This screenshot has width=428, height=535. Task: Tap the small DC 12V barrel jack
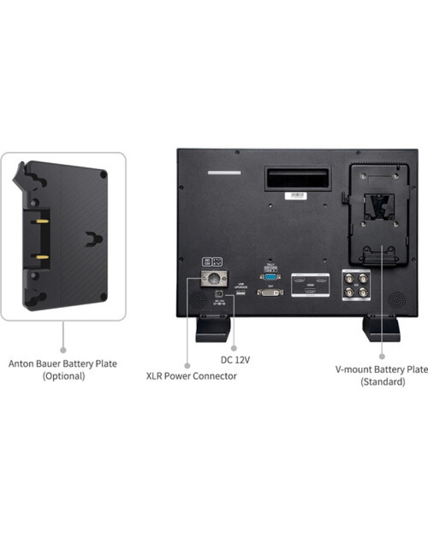coord(219,294)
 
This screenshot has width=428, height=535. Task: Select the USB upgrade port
coord(239,293)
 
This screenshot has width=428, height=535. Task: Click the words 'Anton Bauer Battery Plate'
coord(63,364)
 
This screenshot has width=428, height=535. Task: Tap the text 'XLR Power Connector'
coord(192,376)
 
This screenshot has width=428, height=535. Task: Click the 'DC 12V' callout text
coord(236,360)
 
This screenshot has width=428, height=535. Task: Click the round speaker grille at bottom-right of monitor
coord(396,299)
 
